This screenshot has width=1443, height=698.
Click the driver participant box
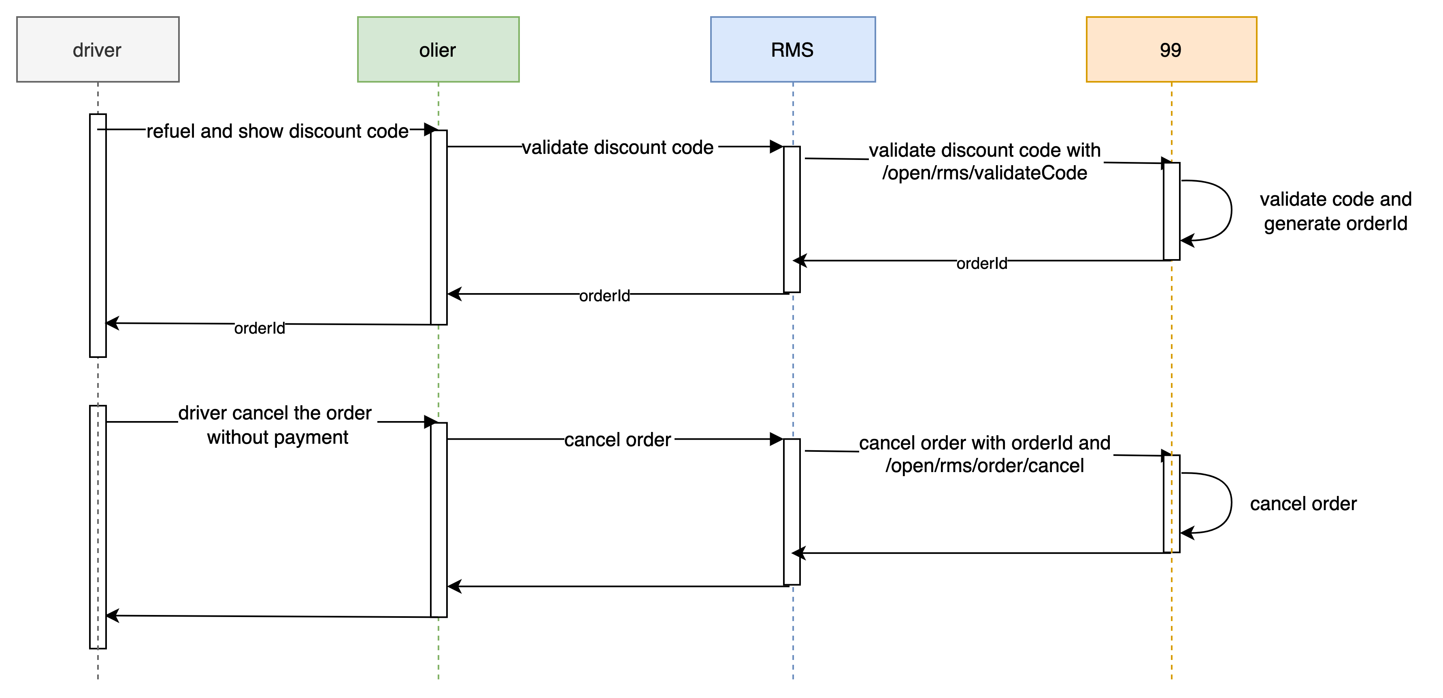[98, 49]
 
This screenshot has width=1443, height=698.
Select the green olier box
[438, 49]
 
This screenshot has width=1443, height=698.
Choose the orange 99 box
[1171, 49]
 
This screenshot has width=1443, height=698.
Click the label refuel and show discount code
[277, 132]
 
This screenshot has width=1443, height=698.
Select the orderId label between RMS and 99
[981, 263]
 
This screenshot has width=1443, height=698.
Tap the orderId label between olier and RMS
[604, 295]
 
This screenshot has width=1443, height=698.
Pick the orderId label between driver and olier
[260, 328]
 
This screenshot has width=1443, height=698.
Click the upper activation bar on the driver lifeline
[98, 235]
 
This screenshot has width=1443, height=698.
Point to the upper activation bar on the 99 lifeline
[1171, 211]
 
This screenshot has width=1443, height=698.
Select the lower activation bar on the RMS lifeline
[792, 511]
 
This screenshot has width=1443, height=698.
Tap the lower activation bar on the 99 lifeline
[1171, 504]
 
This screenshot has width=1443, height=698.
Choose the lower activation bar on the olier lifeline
[438, 520]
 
